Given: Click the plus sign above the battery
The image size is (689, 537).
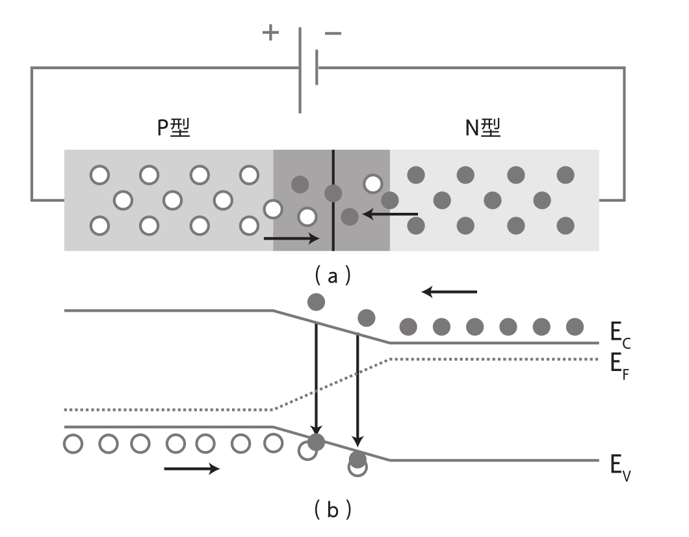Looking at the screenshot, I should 270,33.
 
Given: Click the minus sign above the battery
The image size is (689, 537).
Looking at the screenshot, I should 332,33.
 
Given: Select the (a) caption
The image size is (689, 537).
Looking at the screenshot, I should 332,277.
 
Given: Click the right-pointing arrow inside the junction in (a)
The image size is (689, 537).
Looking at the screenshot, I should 292,239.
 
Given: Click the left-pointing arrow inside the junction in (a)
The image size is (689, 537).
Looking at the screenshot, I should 390,213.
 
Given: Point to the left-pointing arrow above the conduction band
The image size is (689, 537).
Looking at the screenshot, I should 449,292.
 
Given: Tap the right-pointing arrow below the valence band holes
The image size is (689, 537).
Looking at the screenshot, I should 191,469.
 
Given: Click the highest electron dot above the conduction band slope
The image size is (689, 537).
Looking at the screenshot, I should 316,301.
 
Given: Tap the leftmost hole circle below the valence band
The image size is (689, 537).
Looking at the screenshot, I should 73,444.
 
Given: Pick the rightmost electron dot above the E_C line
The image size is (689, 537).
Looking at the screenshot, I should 575,325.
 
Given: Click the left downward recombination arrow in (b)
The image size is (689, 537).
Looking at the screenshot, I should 316,378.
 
